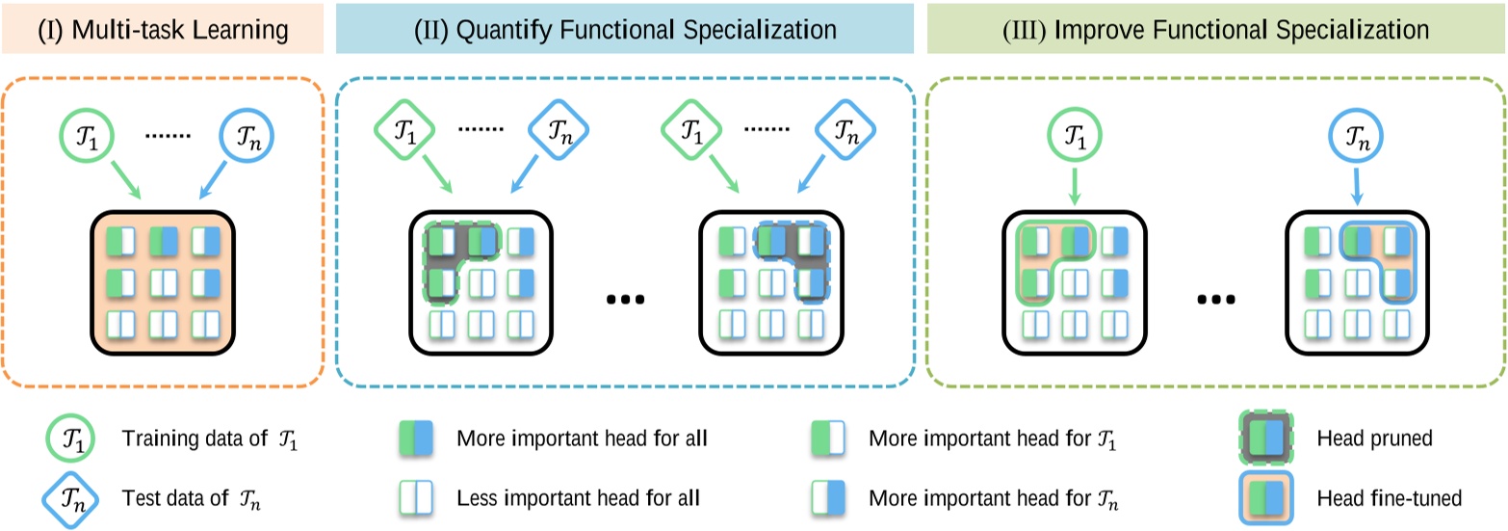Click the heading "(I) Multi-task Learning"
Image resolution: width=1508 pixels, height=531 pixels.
[163, 29]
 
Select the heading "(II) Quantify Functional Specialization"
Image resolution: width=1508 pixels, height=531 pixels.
[624, 29]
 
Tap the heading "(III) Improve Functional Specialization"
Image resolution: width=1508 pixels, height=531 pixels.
[1216, 29]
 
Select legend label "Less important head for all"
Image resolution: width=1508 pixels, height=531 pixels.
[578, 498]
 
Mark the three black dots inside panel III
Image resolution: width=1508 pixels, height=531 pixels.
[1219, 300]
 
